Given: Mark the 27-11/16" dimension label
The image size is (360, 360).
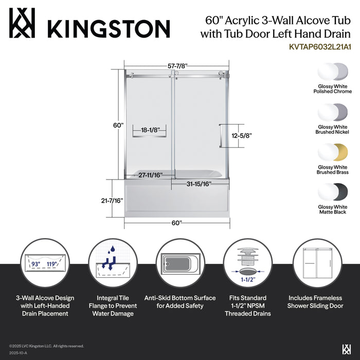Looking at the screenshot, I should (x=150, y=175).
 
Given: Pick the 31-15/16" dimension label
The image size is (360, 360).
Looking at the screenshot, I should (x=199, y=184).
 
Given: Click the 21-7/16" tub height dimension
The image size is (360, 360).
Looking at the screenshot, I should (x=112, y=200).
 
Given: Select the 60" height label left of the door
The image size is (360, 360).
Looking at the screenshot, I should (x=118, y=125).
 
